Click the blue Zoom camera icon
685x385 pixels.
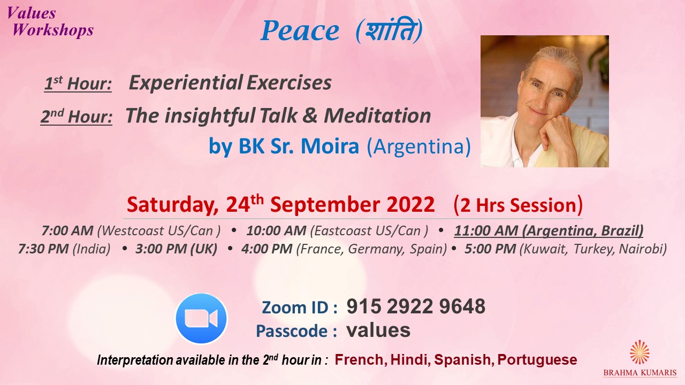(201, 318)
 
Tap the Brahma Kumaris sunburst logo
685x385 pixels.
(640, 352)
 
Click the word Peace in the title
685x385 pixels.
(300, 31)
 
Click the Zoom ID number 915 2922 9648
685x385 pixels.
(416, 306)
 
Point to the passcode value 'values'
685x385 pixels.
(378, 330)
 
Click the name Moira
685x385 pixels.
(330, 146)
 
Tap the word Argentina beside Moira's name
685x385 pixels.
(418, 147)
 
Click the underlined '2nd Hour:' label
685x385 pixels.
(77, 117)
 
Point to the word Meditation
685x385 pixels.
(377, 115)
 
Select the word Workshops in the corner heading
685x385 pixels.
(53, 30)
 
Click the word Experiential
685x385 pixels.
(186, 82)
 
